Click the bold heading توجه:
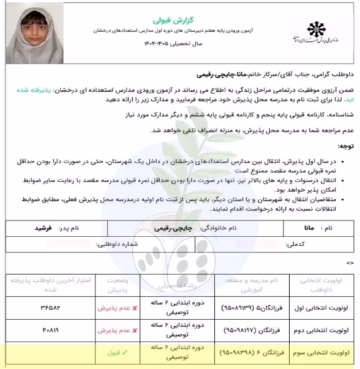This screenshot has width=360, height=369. tap(345, 147)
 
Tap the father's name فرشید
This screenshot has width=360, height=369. tap(43, 228)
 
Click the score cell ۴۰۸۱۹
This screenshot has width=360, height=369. tap(50, 330)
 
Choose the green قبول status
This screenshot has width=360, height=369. tap(114, 353)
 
